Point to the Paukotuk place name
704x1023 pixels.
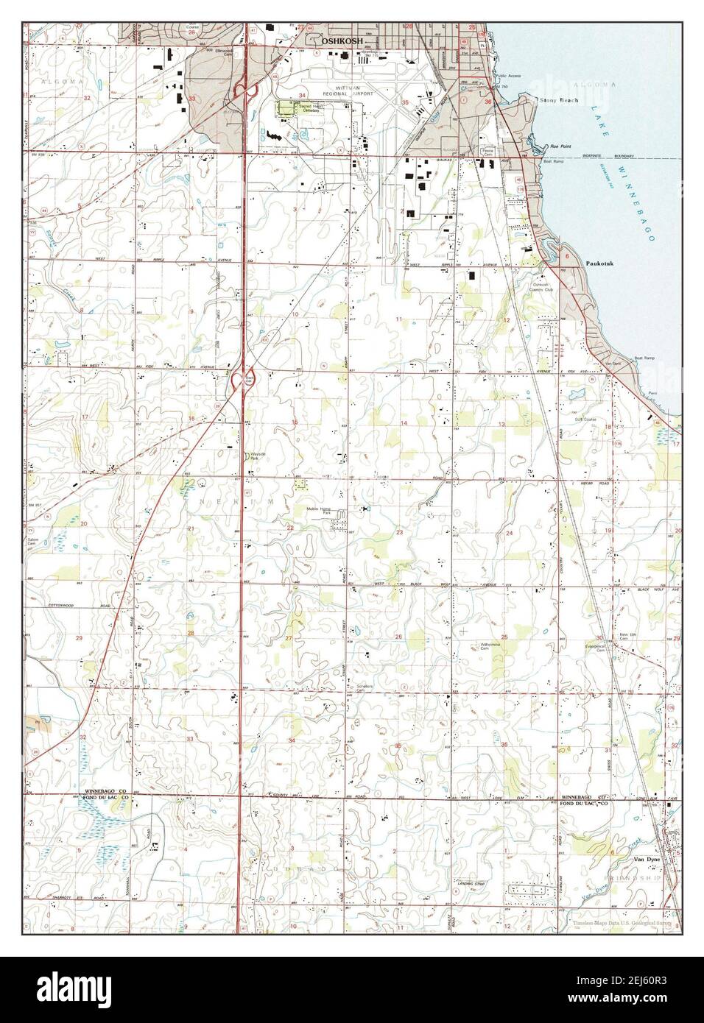pos(599,261)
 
